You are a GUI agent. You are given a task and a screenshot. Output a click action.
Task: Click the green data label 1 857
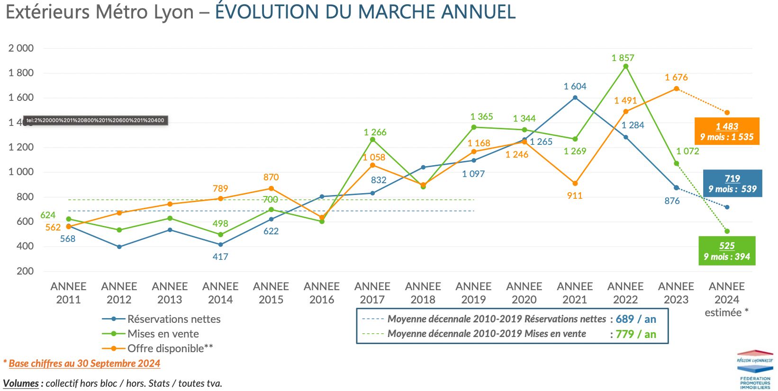[623, 58]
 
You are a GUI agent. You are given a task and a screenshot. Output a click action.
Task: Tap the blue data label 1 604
[575, 86]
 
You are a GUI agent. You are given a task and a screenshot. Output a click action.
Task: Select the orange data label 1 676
[676, 77]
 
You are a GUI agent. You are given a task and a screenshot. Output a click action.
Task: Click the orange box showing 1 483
[727, 131]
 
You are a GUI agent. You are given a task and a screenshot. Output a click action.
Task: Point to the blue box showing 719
[733, 183]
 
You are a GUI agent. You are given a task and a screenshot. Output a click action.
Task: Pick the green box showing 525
[727, 251]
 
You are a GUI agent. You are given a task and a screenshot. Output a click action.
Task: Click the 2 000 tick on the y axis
[21, 48]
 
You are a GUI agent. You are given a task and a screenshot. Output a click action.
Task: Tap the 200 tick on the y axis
[25, 271]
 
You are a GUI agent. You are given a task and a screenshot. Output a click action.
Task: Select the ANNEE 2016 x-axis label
[322, 293]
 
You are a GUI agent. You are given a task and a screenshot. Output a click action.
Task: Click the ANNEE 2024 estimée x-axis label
[727, 299]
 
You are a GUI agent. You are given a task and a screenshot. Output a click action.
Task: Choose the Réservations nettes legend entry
[174, 319]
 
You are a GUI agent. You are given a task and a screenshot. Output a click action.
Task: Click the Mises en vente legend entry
[163, 334]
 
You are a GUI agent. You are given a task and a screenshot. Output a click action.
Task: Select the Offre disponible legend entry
[170, 348]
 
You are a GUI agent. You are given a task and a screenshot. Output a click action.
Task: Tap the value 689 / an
[636, 319]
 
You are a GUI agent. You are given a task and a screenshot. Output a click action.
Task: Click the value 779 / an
[636, 334]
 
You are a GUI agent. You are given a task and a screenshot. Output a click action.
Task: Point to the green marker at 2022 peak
[626, 66]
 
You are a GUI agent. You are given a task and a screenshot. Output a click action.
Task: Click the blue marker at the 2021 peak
[575, 98]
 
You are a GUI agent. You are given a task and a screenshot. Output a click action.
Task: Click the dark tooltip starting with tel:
[95, 120]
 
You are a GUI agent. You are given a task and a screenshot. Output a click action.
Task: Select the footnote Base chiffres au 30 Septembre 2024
[84, 364]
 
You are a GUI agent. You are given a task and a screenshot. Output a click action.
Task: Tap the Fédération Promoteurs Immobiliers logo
[755, 370]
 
